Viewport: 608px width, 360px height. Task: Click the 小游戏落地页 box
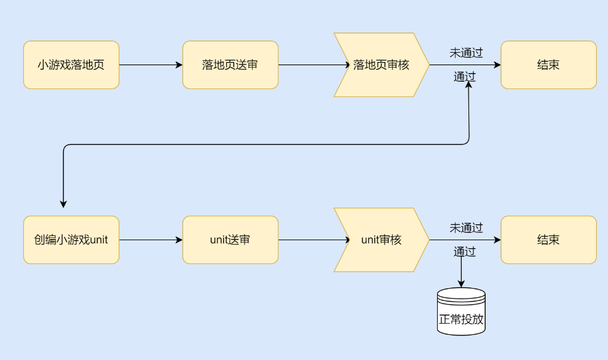pyautogui.click(x=71, y=65)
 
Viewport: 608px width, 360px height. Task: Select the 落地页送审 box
pyautogui.click(x=230, y=65)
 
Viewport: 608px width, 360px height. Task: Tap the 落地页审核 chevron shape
pyautogui.click(x=381, y=65)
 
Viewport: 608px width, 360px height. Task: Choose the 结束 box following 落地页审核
pyautogui.click(x=548, y=65)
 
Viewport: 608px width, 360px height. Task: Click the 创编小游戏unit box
pyautogui.click(x=71, y=240)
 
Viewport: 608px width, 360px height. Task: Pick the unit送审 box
pyautogui.click(x=230, y=240)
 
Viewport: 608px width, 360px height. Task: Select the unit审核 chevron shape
pyautogui.click(x=381, y=240)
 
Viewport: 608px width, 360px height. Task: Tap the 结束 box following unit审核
pyautogui.click(x=548, y=240)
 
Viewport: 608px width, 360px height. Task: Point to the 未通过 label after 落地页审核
pyautogui.click(x=465, y=53)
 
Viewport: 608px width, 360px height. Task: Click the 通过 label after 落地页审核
pyautogui.click(x=465, y=77)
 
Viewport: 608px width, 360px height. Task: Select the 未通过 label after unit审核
pyautogui.click(x=465, y=228)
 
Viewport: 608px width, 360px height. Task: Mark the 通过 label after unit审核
pyautogui.click(x=465, y=251)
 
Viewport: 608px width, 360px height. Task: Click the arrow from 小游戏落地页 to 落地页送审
pyautogui.click(x=151, y=65)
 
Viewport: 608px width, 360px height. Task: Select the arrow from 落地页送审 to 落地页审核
pyautogui.click(x=310, y=65)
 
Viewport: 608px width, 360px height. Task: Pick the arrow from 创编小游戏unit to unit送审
pyautogui.click(x=151, y=240)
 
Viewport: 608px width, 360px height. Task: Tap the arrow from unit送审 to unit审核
pyautogui.click(x=310, y=240)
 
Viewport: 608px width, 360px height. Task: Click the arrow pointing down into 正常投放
pyautogui.click(x=461, y=273)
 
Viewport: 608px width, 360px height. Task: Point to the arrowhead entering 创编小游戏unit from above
pyautogui.click(x=63, y=204)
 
